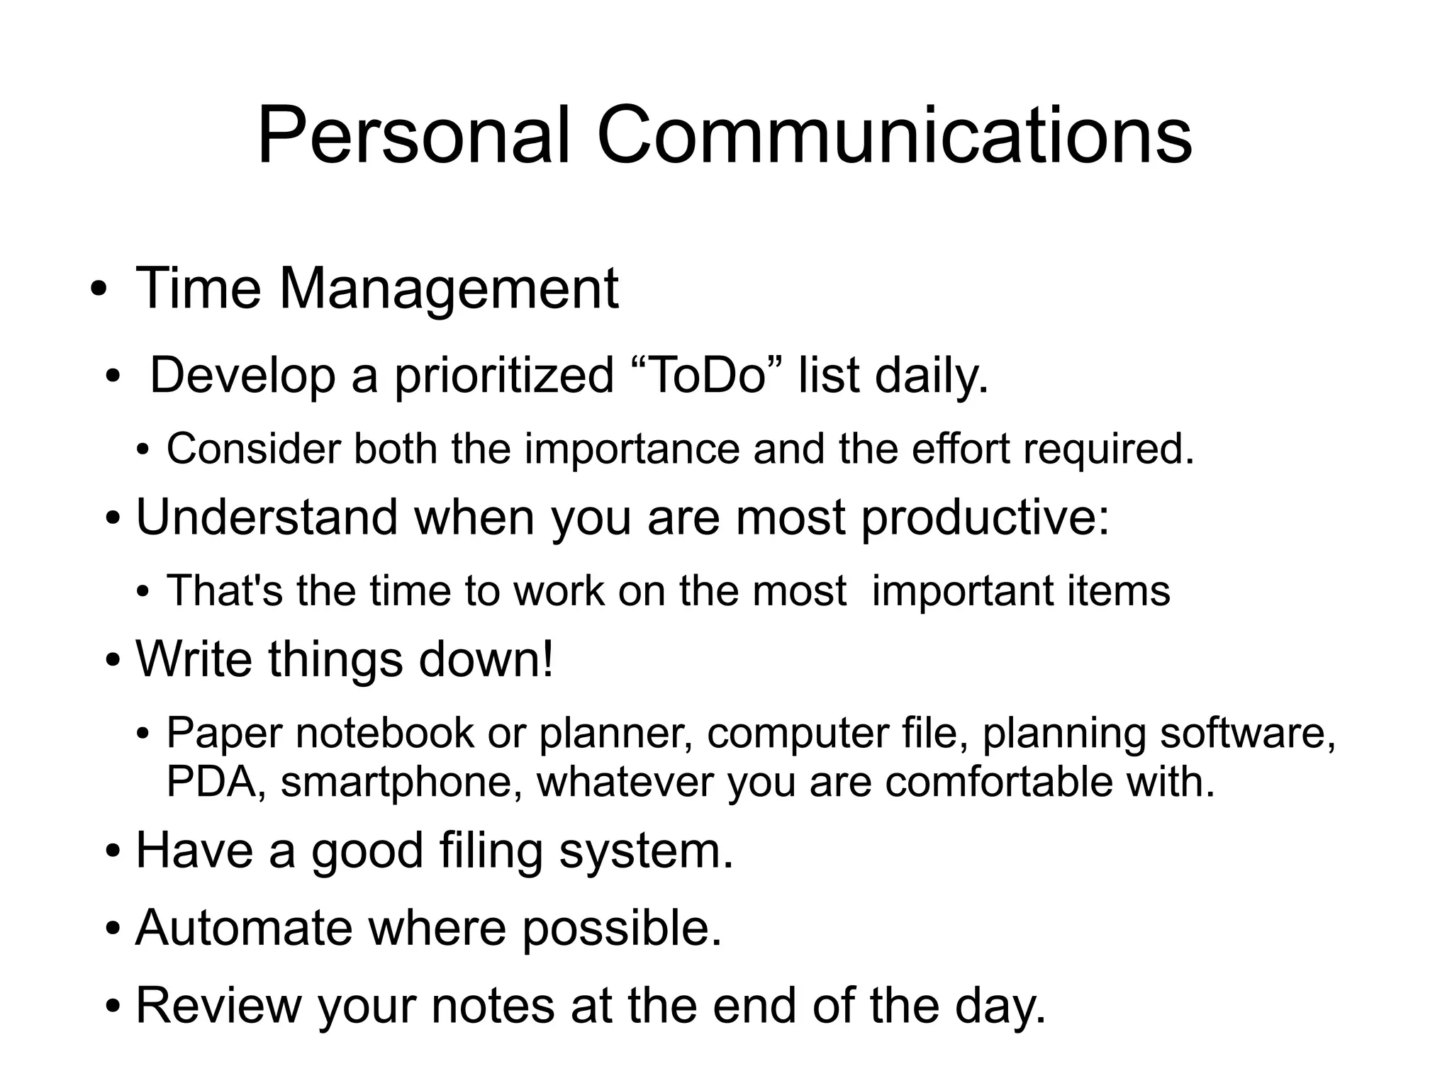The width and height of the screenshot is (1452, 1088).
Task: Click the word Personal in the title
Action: pyautogui.click(x=413, y=136)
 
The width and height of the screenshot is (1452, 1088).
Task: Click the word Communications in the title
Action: pyautogui.click(x=894, y=136)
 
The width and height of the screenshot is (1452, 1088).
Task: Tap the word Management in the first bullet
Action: pyautogui.click(x=449, y=289)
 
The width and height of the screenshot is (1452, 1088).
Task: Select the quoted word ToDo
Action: pyautogui.click(x=708, y=376)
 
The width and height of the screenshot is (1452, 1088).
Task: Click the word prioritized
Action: pyautogui.click(x=503, y=377)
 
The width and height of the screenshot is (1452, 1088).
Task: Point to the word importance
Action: pyautogui.click(x=632, y=449)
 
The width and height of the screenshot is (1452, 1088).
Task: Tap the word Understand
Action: pyautogui.click(x=267, y=517)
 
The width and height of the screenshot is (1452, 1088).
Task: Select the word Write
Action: pyautogui.click(x=194, y=659)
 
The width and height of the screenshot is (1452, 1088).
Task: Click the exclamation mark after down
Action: pyautogui.click(x=547, y=659)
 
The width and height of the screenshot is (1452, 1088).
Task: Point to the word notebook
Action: pyautogui.click(x=384, y=733)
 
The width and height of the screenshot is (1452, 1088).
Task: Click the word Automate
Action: pyautogui.click(x=244, y=928)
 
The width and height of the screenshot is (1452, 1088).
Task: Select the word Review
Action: pyautogui.click(x=218, y=1005)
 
